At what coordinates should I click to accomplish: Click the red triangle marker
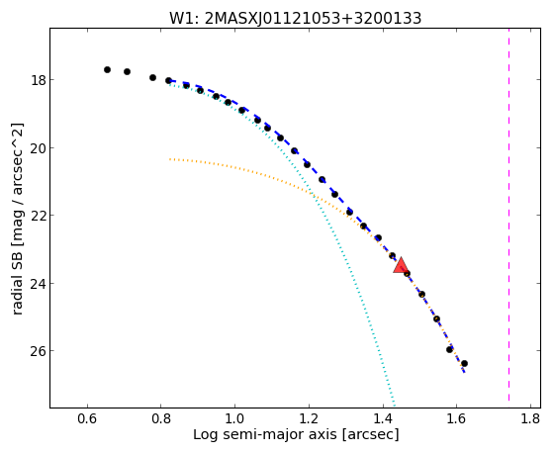(401, 266)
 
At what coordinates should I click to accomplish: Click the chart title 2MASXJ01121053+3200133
(314, 18)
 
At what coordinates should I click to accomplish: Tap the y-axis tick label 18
(38, 80)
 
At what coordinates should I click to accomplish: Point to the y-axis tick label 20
(38, 147)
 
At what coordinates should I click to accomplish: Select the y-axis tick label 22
(38, 216)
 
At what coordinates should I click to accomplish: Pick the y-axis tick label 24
(38, 283)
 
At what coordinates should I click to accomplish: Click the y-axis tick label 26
(38, 351)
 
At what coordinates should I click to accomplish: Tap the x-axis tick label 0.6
(87, 418)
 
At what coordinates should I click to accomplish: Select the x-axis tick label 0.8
(161, 418)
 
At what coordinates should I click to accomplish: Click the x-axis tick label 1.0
(234, 418)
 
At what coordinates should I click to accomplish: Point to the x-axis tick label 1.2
(309, 418)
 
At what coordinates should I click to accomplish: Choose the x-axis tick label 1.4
(383, 418)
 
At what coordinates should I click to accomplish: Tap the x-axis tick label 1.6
(457, 418)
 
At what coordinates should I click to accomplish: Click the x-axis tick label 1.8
(531, 418)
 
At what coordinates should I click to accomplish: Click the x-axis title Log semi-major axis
(265, 435)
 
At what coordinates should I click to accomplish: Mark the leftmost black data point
(107, 70)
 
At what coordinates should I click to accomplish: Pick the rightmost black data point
(465, 364)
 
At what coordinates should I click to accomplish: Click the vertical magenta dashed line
(508, 215)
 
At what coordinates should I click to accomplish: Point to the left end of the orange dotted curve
(170, 159)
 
